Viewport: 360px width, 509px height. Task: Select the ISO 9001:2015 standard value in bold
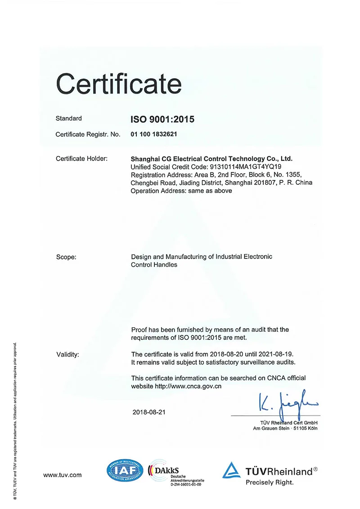[x=162, y=119]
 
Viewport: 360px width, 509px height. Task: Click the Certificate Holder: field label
[x=81, y=158]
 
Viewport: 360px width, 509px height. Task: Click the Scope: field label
[x=66, y=257]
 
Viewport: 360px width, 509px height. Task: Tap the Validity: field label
[x=67, y=354]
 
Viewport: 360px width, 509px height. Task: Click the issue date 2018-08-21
[x=149, y=412]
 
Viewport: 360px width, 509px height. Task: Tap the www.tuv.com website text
[x=62, y=475]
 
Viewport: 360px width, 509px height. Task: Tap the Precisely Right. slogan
[x=269, y=482]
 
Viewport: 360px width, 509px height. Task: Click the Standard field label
[x=68, y=119]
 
